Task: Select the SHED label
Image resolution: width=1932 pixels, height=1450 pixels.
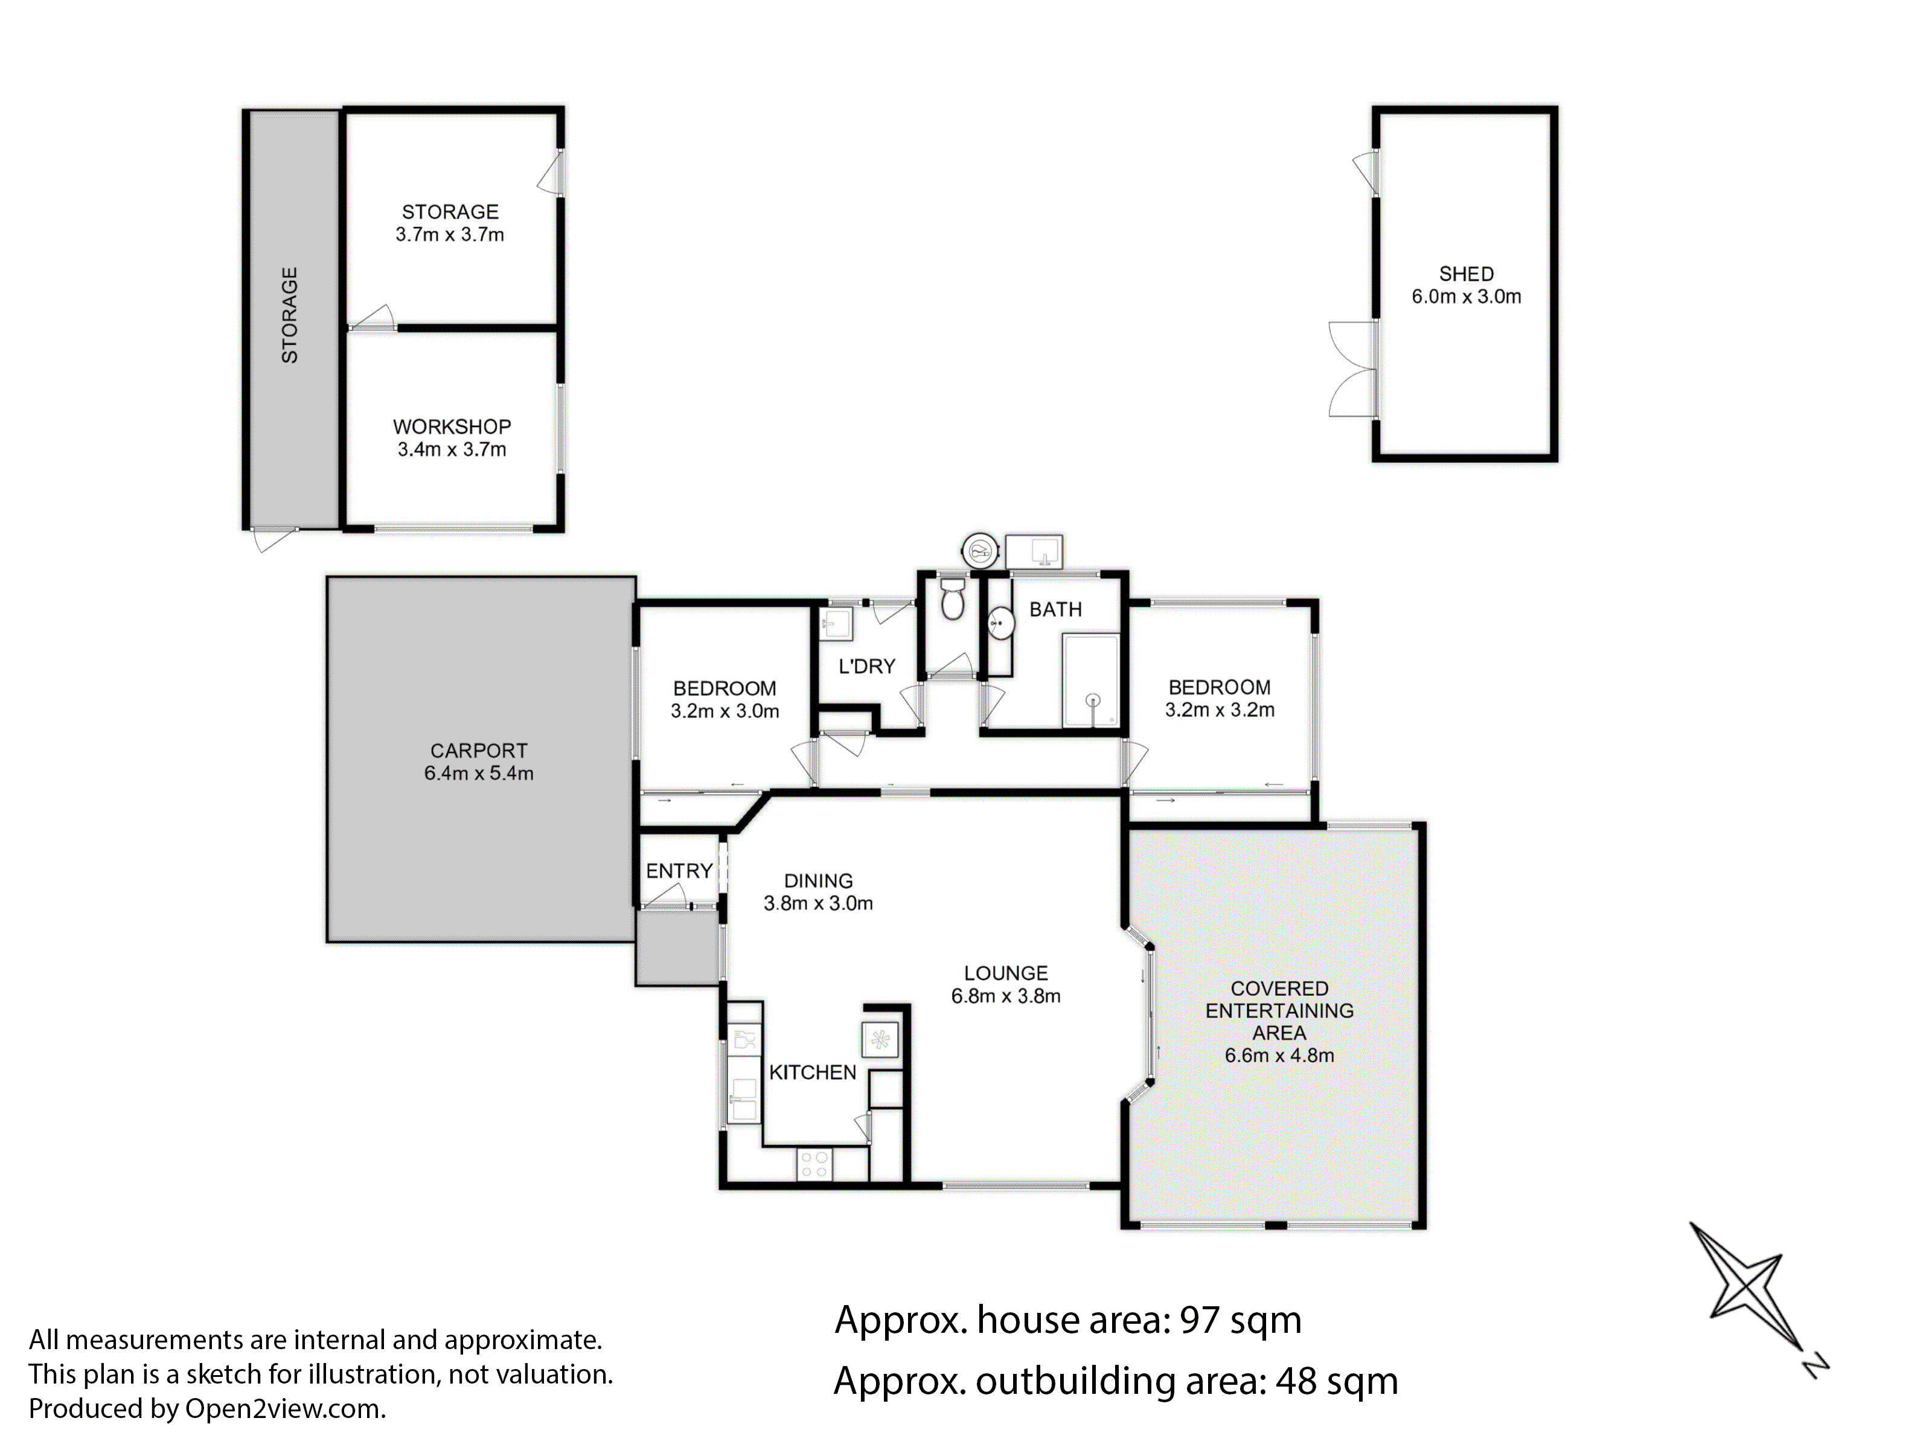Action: point(1467,274)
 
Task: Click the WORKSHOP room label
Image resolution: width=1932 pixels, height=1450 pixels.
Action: point(452,427)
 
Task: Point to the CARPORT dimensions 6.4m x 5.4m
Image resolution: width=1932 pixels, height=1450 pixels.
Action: point(479,773)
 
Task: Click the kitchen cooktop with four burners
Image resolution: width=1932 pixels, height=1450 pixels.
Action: point(814,1164)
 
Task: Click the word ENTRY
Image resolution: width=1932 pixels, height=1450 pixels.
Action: point(679,871)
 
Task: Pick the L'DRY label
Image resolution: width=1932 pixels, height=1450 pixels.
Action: point(866,667)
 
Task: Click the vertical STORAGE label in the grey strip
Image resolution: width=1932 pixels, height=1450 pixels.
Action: point(289,315)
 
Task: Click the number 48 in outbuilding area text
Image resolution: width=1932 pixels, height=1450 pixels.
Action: point(1296,1381)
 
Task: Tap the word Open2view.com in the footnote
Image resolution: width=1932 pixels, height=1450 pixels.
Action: point(284,1409)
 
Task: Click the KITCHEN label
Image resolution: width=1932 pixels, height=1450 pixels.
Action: point(812,1073)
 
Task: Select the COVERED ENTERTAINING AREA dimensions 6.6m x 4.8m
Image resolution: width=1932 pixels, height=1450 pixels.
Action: point(1279,1055)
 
